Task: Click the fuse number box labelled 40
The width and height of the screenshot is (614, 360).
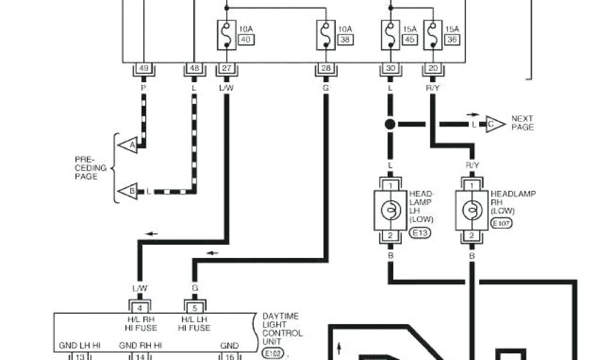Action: point(246,40)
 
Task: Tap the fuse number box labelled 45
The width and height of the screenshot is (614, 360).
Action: point(410,40)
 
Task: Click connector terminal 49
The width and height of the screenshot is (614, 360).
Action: point(143,69)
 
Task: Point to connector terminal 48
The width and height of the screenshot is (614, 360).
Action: point(194,69)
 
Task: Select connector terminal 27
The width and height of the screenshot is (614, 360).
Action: point(226,69)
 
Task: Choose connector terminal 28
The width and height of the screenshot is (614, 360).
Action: point(326,69)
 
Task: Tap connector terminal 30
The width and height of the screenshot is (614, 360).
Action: point(390,69)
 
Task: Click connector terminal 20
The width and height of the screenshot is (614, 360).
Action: point(432,69)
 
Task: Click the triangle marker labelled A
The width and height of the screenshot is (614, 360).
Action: point(127,145)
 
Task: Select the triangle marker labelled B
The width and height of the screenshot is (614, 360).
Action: point(127,192)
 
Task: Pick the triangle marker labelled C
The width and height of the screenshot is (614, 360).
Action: point(495,124)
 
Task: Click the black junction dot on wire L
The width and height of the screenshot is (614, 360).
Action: point(390,125)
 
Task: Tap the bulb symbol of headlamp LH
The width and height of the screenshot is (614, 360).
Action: point(390,210)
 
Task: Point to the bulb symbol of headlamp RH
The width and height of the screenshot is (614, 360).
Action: point(472,210)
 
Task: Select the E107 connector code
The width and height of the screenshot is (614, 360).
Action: point(502,223)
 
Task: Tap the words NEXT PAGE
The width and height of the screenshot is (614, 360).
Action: point(522,123)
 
